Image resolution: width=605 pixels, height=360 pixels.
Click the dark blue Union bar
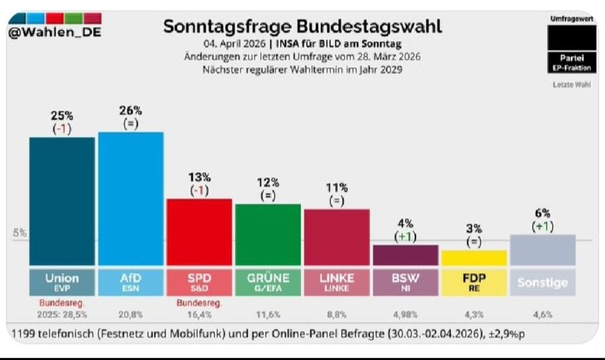[x=62, y=202]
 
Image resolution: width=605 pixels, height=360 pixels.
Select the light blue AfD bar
[x=131, y=199]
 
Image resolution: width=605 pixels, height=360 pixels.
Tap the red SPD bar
[x=199, y=232]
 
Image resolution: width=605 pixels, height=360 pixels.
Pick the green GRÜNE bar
[x=268, y=235]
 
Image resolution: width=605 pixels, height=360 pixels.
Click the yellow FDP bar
[x=474, y=258]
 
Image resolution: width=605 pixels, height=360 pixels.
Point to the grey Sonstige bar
[x=543, y=250]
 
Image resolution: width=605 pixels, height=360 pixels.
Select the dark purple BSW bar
[x=405, y=255]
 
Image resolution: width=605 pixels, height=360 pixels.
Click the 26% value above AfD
[x=130, y=111]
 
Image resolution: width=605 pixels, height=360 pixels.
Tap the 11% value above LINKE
[x=336, y=188]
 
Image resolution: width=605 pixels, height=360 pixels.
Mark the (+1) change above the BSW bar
[x=405, y=236]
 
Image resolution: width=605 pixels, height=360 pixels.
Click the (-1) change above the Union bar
[x=62, y=129]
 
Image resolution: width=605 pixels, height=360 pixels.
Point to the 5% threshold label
[x=20, y=233]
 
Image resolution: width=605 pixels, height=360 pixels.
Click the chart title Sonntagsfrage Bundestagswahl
[x=302, y=26]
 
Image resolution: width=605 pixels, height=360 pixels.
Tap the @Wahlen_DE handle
[x=54, y=32]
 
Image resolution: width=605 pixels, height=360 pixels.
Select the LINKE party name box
[x=336, y=282]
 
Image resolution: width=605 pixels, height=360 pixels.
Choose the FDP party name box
[x=474, y=282]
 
